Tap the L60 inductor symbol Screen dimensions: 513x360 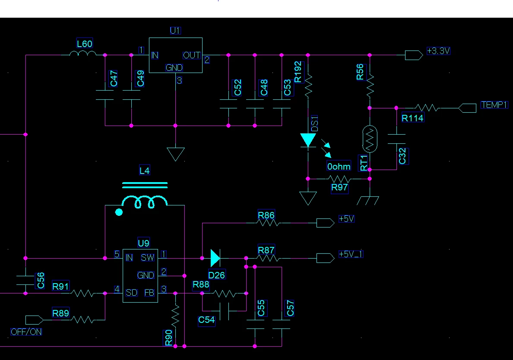(x=83, y=53)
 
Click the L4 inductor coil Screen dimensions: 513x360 (x=144, y=201)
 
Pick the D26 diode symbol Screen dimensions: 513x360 (x=215, y=258)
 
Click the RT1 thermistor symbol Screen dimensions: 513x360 (x=370, y=139)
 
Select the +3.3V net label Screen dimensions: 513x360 (x=438, y=51)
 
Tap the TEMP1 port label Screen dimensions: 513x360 (x=494, y=105)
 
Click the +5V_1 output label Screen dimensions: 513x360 (x=351, y=254)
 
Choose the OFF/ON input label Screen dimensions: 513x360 (x=26, y=332)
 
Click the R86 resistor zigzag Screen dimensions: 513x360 (x=268, y=223)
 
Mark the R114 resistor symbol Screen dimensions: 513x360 (x=427, y=107)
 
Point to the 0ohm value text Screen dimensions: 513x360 (x=339, y=167)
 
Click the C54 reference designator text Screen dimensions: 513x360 (x=206, y=320)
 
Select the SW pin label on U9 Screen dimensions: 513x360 (x=148, y=258)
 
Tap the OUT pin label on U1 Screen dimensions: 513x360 (x=192, y=55)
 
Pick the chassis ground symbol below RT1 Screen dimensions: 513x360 (x=368, y=200)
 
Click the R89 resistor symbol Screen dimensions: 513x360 (x=83, y=320)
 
